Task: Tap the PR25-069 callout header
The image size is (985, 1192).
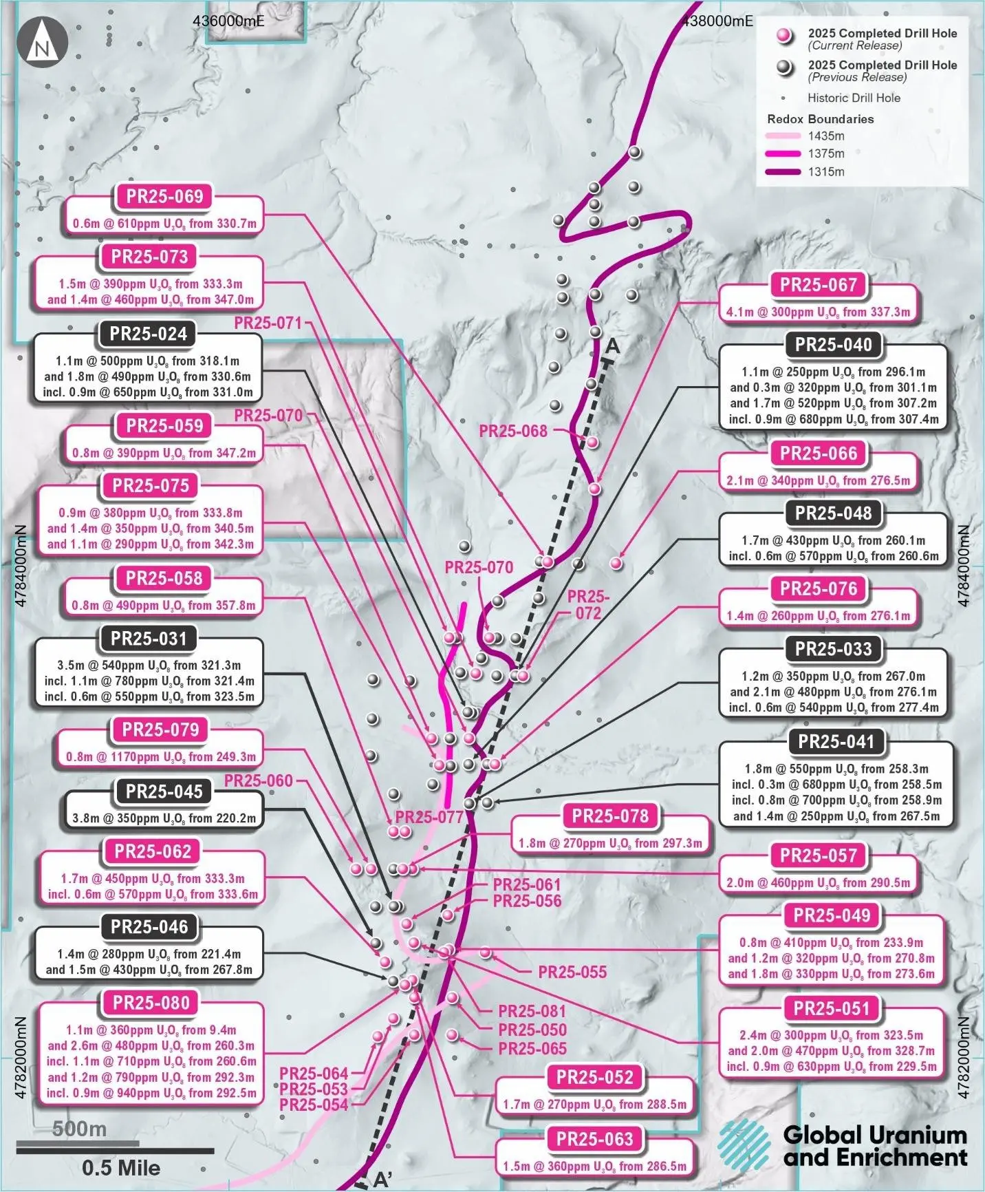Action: pyautogui.click(x=165, y=197)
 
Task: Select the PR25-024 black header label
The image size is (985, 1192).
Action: pyautogui.click(x=149, y=334)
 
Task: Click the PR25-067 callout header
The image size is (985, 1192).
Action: pyautogui.click(x=819, y=285)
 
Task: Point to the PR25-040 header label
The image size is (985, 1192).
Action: pyautogui.click(x=833, y=345)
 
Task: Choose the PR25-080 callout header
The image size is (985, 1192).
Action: pyautogui.click(x=151, y=1003)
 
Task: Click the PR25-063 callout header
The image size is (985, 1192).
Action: pyautogui.click(x=595, y=1139)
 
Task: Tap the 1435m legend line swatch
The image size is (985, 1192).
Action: pyautogui.click(x=783, y=136)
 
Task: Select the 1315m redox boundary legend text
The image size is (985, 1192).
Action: pyautogui.click(x=826, y=172)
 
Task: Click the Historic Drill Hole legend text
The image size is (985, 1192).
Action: pyautogui.click(x=854, y=98)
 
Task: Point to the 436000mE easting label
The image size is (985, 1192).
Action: pyautogui.click(x=228, y=21)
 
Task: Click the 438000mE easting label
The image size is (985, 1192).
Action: pyautogui.click(x=717, y=21)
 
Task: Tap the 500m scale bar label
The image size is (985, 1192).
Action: pyautogui.click(x=80, y=1129)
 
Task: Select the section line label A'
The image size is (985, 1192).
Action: pyautogui.click(x=382, y=1180)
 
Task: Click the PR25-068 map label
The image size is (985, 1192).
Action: pyautogui.click(x=513, y=432)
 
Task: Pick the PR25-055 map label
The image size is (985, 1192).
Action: pyautogui.click(x=572, y=972)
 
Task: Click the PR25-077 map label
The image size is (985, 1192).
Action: pyautogui.click(x=429, y=817)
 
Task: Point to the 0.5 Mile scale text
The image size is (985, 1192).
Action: pyautogui.click(x=121, y=1168)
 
